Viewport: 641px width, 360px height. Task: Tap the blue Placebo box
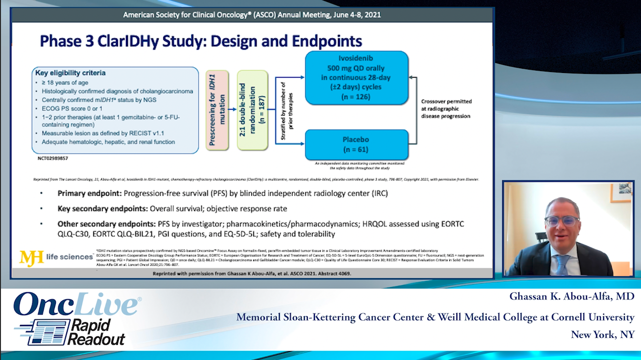tap(356, 144)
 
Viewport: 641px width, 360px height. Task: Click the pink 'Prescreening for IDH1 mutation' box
tap(217, 110)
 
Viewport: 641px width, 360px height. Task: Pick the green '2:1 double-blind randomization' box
tap(252, 110)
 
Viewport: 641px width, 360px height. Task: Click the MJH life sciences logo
tap(56, 257)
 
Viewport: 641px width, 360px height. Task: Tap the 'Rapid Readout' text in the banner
tap(95, 332)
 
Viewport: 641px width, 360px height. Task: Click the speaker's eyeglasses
tap(561, 221)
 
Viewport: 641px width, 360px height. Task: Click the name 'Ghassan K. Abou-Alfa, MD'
tap(571, 296)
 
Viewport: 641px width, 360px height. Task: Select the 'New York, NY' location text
tap(602, 334)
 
